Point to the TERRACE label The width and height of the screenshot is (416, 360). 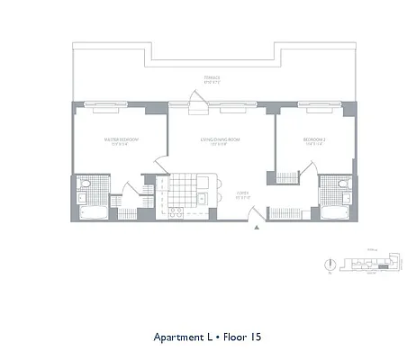click(x=213, y=79)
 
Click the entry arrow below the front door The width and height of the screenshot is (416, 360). click(x=258, y=229)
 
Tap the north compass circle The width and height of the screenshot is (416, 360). click(x=332, y=265)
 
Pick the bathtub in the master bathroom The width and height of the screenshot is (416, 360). click(x=92, y=213)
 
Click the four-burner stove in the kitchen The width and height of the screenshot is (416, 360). click(x=176, y=212)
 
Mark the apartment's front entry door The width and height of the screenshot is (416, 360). click(x=257, y=215)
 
